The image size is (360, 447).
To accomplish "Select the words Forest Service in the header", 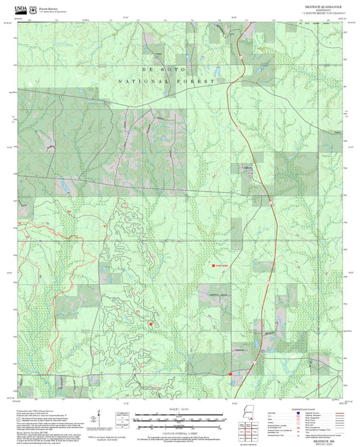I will (48, 8).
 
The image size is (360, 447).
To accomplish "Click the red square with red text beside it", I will (214, 266).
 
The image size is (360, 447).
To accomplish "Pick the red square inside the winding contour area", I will (151, 324).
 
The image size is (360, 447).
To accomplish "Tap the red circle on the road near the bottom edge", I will (230, 373).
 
